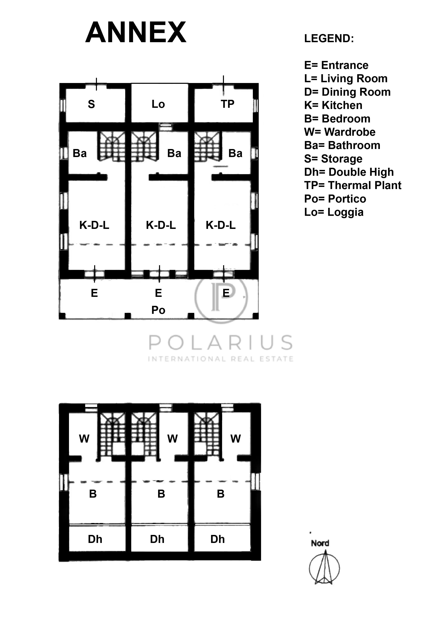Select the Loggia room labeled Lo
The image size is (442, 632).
158,104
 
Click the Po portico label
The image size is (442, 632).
158,310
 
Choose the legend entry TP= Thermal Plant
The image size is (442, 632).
353,185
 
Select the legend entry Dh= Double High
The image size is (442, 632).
349,172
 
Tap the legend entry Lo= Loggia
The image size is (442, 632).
334,212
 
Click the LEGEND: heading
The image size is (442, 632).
329,38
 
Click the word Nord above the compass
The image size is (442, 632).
320,543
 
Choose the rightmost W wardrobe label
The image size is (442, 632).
235,438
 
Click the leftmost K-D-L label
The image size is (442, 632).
94,225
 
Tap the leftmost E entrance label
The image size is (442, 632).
94,293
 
